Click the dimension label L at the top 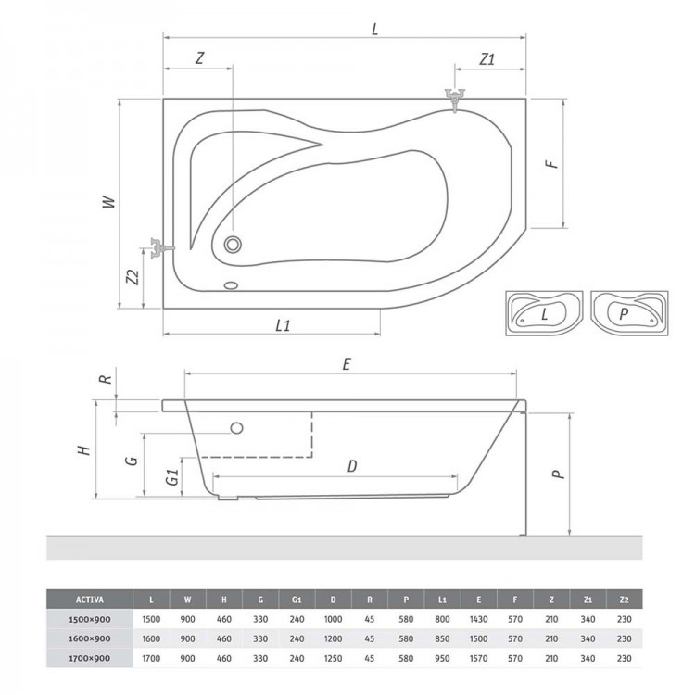coord(374,28)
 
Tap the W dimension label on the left coord(108,202)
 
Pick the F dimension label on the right coord(550,163)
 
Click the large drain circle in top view coord(233,246)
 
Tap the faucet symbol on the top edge coord(456,98)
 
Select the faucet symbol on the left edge coord(159,247)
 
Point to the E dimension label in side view coord(346,364)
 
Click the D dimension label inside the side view coord(352,466)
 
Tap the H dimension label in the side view coord(84,450)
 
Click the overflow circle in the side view coord(236,428)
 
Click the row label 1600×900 coord(80,638)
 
